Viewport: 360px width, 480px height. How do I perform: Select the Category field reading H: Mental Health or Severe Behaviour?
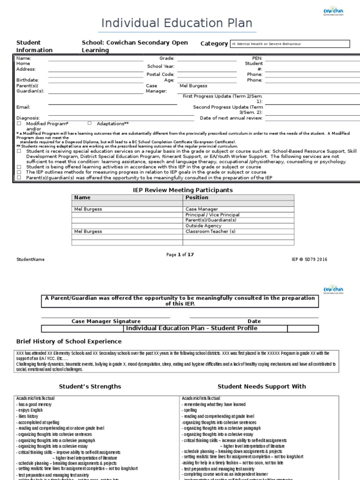tap(289, 44)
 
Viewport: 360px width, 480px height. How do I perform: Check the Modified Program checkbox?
tap(19, 123)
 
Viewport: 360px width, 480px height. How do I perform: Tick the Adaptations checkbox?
tap(90, 123)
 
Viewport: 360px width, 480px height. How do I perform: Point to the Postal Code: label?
tap(160, 74)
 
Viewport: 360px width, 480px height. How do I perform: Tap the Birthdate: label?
tap(27, 80)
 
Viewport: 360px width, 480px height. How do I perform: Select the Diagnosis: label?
tap(28, 118)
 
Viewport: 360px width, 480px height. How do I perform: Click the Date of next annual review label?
tap(231, 118)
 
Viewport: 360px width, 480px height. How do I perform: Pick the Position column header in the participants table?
tap(197, 198)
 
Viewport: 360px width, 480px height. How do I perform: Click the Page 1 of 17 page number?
tap(180, 255)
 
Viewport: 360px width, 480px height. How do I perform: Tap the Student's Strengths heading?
tap(90, 386)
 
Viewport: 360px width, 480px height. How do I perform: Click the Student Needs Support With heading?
tap(262, 386)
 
